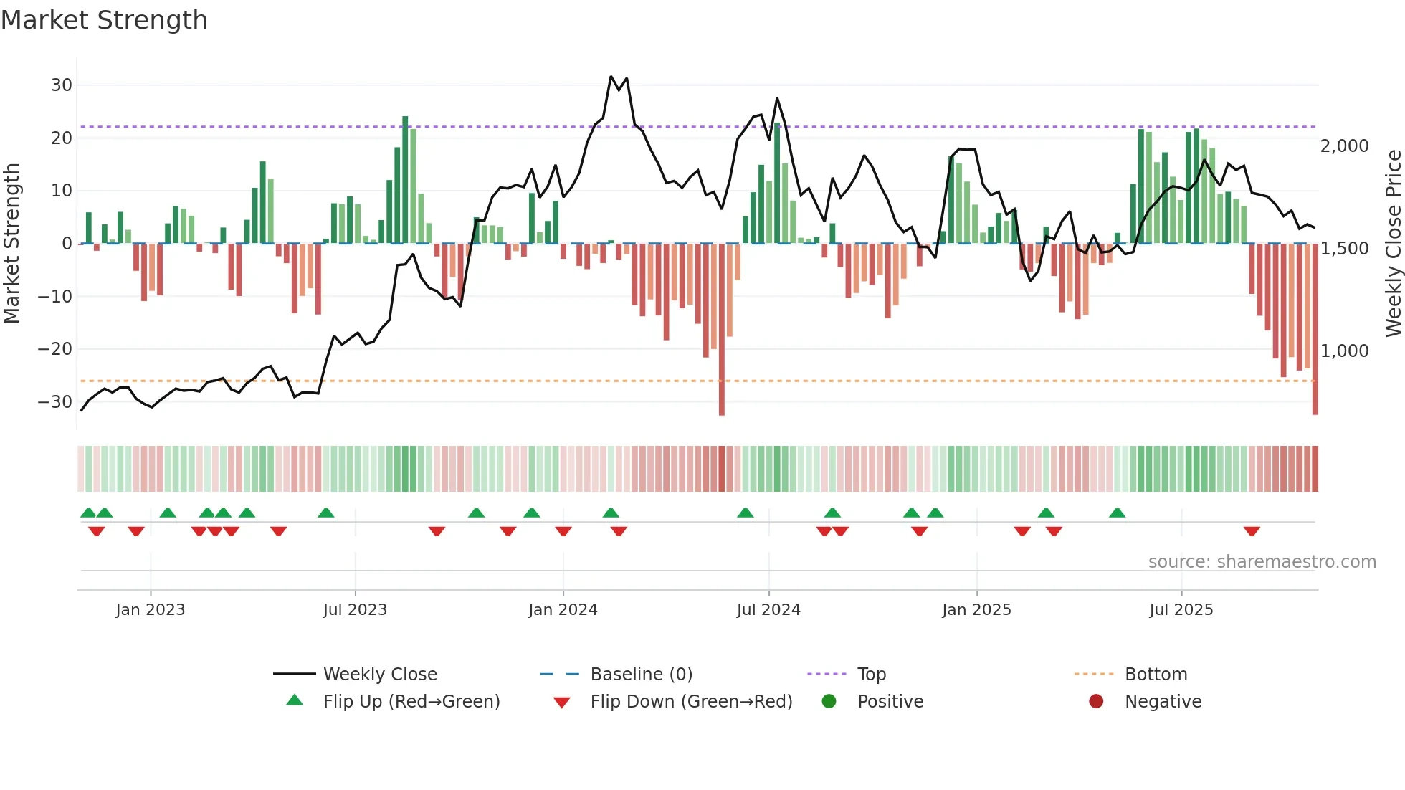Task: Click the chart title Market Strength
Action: (104, 20)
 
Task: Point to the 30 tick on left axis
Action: (62, 85)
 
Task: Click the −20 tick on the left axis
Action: (55, 349)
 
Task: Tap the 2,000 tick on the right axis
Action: (1344, 146)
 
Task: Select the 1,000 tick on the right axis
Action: (1344, 351)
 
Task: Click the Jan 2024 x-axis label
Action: (563, 610)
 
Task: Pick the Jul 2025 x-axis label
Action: (1181, 610)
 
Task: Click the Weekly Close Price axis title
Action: (1393, 244)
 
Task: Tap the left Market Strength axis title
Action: (11, 244)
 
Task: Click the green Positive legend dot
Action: (829, 702)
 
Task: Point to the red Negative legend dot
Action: (1095, 702)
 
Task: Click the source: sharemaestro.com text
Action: (1262, 562)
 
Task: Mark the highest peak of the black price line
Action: (611, 77)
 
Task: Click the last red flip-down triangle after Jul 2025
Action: (1252, 531)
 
